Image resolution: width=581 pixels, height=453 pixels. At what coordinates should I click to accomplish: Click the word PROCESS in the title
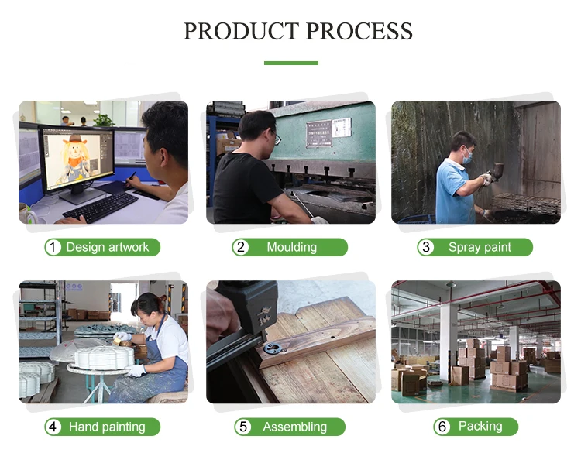(x=359, y=31)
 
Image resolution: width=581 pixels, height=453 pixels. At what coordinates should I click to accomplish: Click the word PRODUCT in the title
(x=239, y=31)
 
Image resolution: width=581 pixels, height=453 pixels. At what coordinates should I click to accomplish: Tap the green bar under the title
(x=290, y=63)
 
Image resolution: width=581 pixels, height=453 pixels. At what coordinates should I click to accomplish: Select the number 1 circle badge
(x=53, y=248)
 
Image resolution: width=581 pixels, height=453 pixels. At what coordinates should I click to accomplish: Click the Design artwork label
(x=107, y=248)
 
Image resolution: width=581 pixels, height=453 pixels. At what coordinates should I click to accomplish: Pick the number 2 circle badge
(x=241, y=248)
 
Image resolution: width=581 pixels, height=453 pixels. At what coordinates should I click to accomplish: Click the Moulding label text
(x=291, y=248)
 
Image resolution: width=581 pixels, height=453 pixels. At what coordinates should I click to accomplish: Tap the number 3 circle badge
(x=425, y=248)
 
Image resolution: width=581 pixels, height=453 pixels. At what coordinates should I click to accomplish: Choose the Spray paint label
(x=480, y=248)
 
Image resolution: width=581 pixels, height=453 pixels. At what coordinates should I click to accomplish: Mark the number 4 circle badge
(x=53, y=427)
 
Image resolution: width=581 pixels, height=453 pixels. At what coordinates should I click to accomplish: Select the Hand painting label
(x=107, y=427)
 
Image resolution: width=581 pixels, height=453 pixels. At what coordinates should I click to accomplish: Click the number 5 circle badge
(x=241, y=427)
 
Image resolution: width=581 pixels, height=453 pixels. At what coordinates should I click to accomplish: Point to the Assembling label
(x=294, y=427)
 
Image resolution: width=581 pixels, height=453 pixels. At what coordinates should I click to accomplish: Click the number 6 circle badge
(x=443, y=427)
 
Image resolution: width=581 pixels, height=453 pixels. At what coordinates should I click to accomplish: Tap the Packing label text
(x=480, y=427)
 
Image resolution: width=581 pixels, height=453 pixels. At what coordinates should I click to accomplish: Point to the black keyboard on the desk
(x=101, y=207)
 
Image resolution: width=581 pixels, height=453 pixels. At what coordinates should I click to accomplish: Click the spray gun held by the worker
(x=496, y=172)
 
